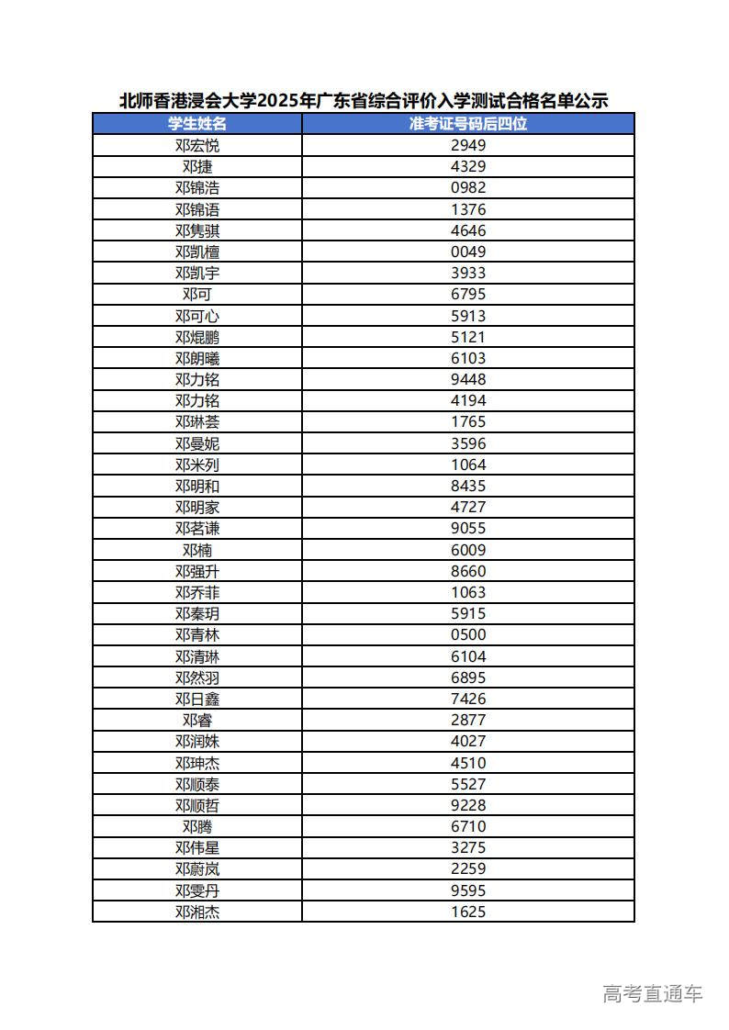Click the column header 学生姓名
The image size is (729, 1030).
pos(197,124)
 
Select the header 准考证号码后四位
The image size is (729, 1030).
pos(468,124)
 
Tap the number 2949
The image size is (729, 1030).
pos(468,145)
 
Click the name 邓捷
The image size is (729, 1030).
pos(197,166)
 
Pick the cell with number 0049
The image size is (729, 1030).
pos(468,252)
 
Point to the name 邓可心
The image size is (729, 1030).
pos(197,316)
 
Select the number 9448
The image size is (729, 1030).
pos(468,379)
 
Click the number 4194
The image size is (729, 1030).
pos(468,400)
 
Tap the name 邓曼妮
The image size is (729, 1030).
pos(197,443)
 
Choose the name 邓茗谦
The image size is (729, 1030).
pos(197,528)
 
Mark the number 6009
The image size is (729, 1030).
pos(468,550)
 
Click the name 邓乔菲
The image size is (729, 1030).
pos(197,592)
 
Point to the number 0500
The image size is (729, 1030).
pos(468,634)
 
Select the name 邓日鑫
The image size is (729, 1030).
pos(197,699)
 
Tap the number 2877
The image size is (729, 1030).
pos(468,720)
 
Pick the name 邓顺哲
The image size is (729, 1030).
pos(197,805)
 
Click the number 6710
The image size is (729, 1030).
pos(468,826)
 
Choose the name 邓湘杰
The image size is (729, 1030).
pos(197,912)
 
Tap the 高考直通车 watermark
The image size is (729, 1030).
pos(652,993)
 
